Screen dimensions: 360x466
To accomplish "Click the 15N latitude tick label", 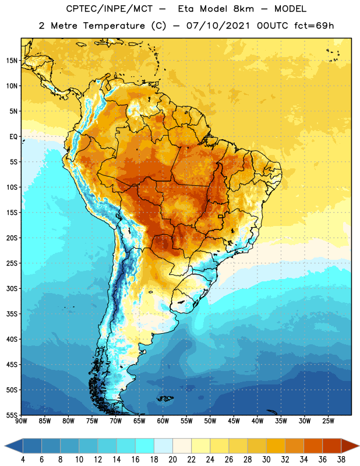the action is pyautogui.click(x=12, y=61).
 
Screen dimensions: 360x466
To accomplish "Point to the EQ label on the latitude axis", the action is pyautogui.click(x=13, y=137).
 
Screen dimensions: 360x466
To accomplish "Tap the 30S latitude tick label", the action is pyautogui.click(x=12, y=288).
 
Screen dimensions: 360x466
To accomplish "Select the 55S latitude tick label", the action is pyautogui.click(x=12, y=415).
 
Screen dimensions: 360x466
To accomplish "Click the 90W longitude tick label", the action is pyautogui.click(x=21, y=421).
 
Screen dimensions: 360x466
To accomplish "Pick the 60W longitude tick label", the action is pyautogui.click(x=163, y=421).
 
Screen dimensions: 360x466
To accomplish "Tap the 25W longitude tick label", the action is pyautogui.click(x=328, y=421).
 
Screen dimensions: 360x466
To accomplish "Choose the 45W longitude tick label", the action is pyautogui.click(x=234, y=421).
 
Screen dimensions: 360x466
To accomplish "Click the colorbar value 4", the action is pyautogui.click(x=23, y=460).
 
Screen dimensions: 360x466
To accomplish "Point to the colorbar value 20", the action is pyautogui.click(x=172, y=460).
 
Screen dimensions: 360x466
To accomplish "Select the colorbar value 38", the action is pyautogui.click(x=341, y=460).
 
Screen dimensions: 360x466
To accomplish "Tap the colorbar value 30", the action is pyautogui.click(x=266, y=460).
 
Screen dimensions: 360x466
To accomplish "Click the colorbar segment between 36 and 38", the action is pyautogui.click(x=332, y=446).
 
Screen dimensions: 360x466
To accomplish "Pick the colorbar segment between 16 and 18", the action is pyautogui.click(x=144, y=446).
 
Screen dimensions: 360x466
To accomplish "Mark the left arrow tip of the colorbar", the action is pyautogui.click(x=5, y=446).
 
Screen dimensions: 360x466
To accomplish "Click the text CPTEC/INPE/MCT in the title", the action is pyautogui.click(x=110, y=9).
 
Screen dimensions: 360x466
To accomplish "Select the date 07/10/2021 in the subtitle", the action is pyautogui.click(x=218, y=26).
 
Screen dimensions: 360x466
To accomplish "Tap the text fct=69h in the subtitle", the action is pyautogui.click(x=314, y=26).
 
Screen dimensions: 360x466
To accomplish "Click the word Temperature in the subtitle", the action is pyautogui.click(x=114, y=26).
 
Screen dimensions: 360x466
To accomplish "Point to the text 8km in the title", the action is pyautogui.click(x=243, y=9).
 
